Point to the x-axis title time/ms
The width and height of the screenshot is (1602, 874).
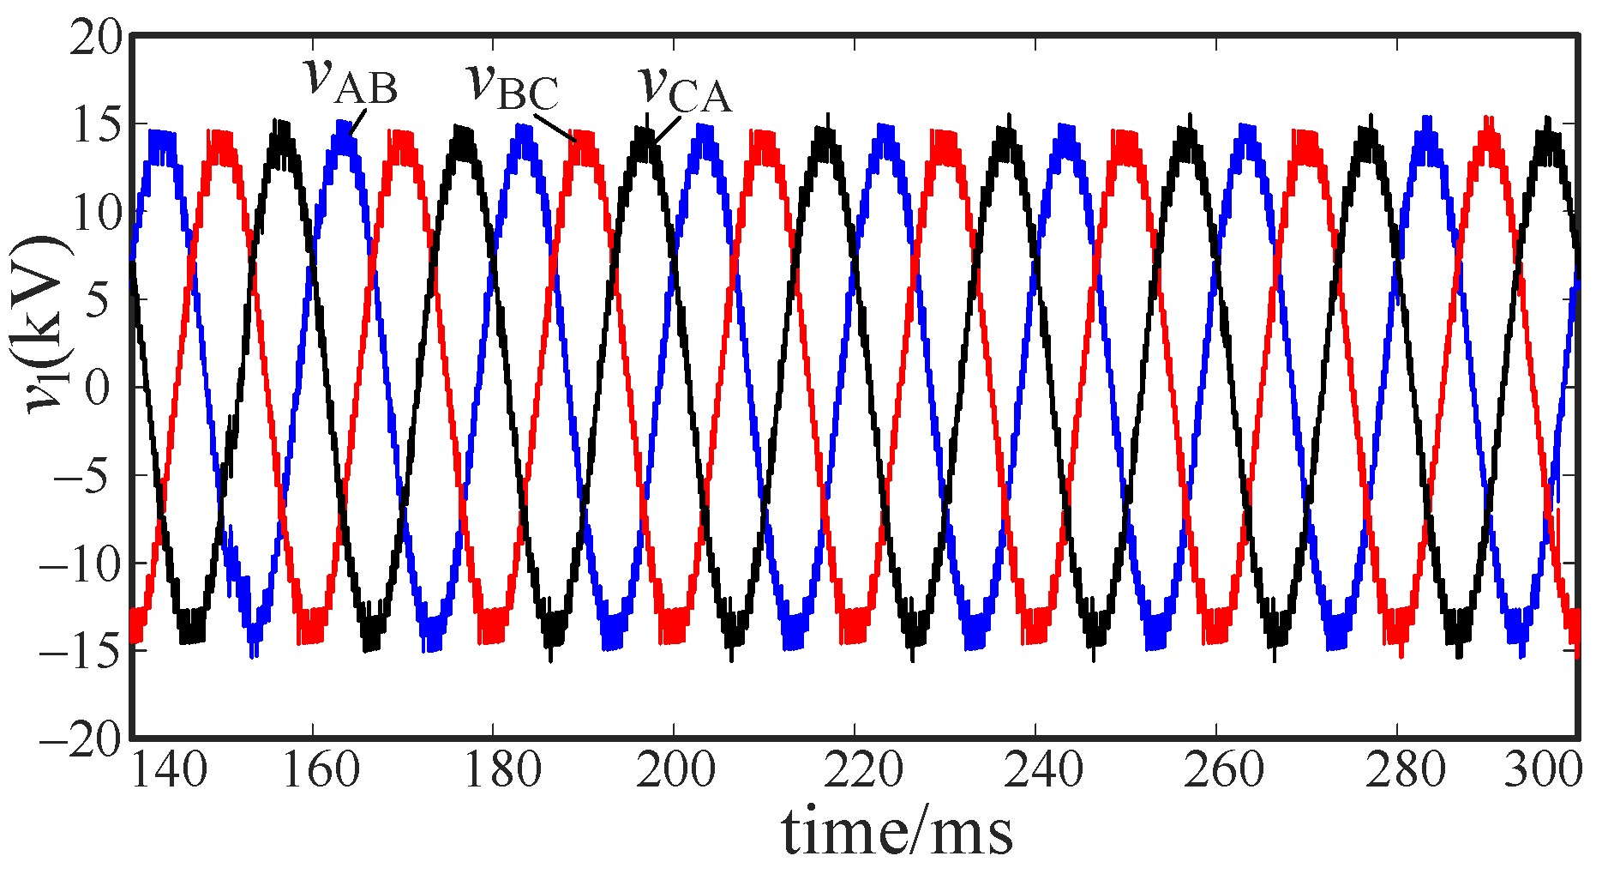[x=897, y=832]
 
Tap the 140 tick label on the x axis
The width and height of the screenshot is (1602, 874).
[x=168, y=770]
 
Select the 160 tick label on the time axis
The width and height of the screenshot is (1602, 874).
[x=321, y=770]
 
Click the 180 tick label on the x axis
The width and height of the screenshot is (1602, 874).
[x=501, y=770]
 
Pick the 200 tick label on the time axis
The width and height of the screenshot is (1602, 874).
[x=676, y=770]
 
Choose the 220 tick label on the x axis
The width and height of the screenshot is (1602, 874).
[x=863, y=770]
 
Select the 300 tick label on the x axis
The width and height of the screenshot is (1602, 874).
[x=1543, y=770]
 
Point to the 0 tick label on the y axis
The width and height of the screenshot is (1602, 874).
[x=99, y=388]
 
